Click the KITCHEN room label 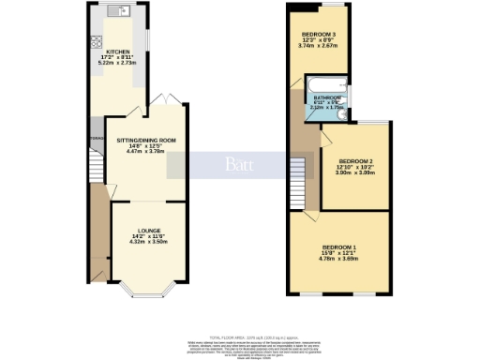point(117,52)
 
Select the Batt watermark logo point(234,164)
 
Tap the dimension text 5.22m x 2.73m point(117,63)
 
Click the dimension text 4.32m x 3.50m point(146,242)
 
